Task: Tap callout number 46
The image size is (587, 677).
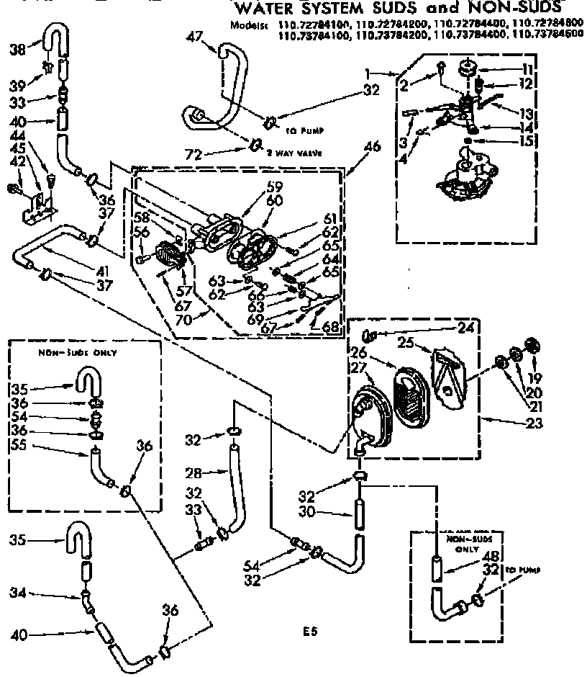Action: tap(372, 148)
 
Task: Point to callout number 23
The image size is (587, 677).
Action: tap(533, 423)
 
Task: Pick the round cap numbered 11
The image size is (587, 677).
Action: tap(468, 70)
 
